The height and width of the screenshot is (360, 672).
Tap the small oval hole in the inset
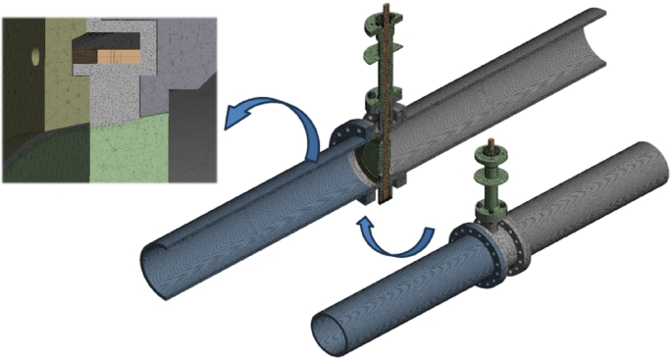pyautogui.click(x=36, y=57)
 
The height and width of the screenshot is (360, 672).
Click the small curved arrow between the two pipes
pyautogui.click(x=400, y=235)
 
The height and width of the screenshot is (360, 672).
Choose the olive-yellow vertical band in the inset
pyautogui.click(x=59, y=78)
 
